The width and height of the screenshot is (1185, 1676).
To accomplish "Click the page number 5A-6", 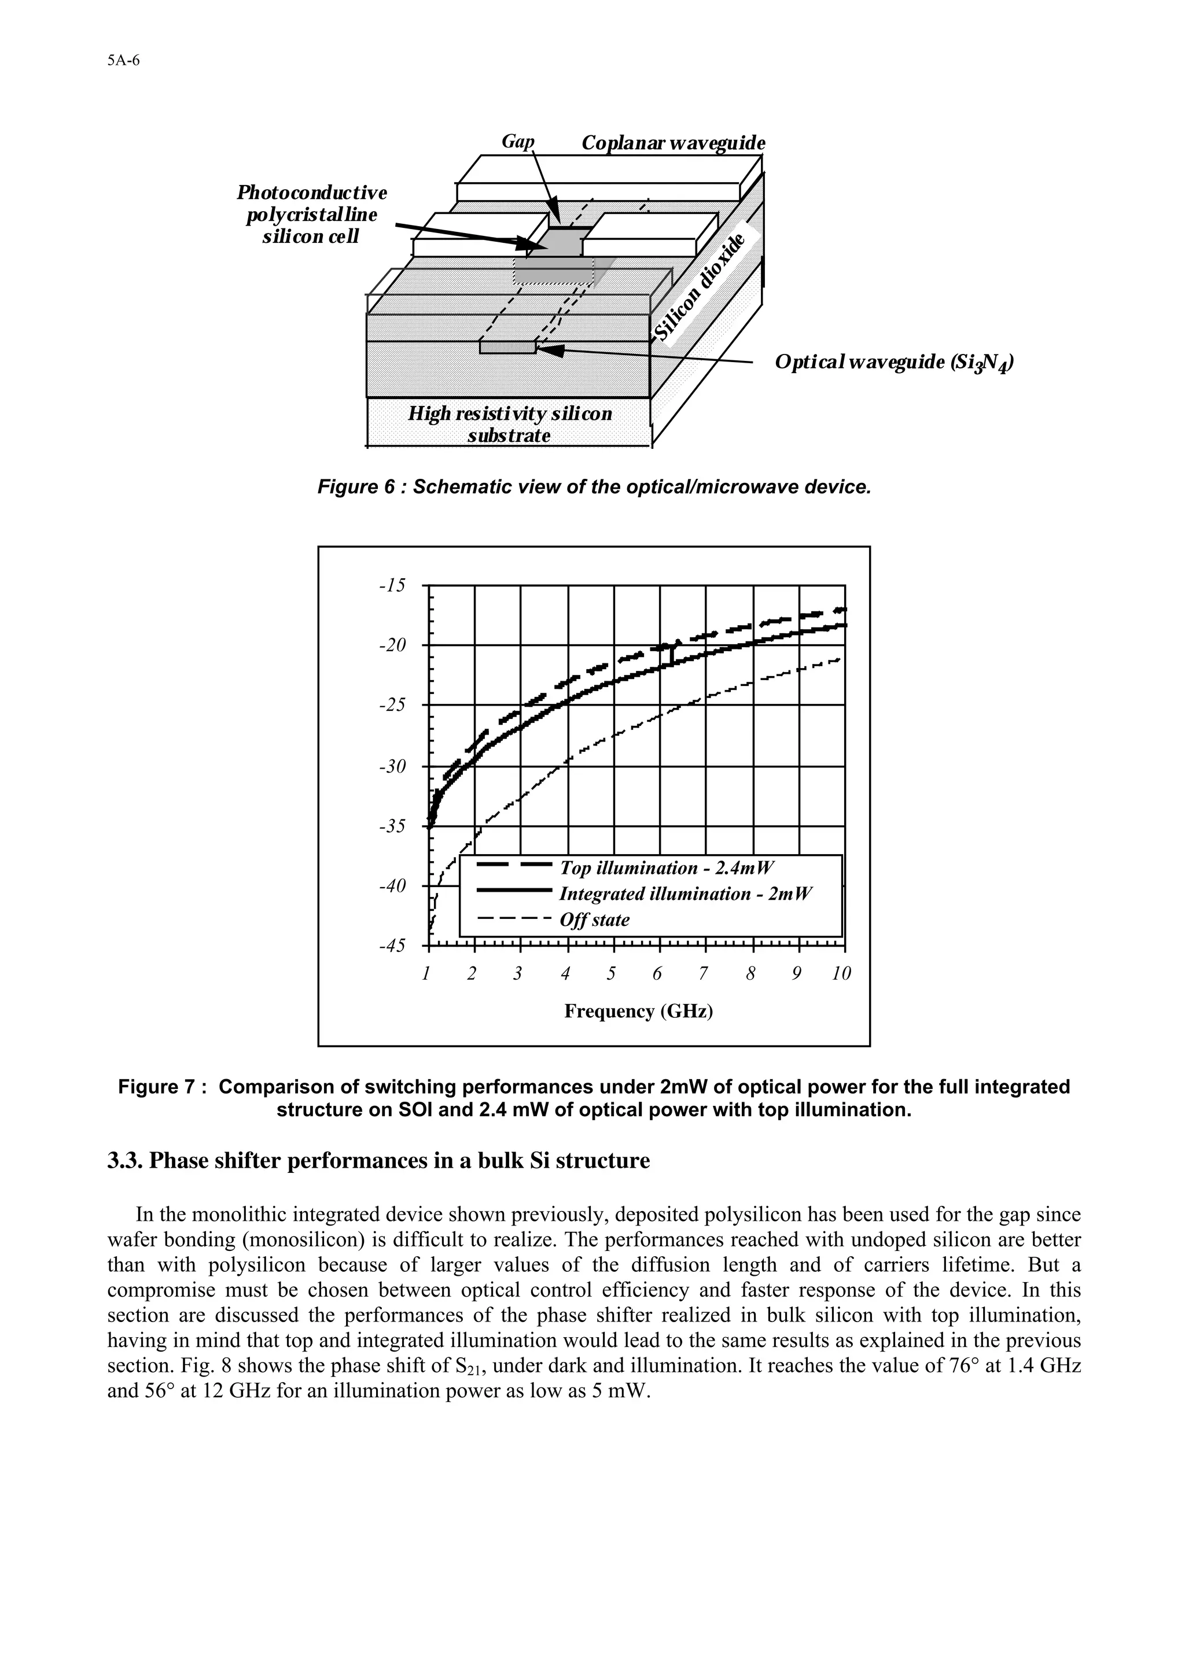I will click(123, 61).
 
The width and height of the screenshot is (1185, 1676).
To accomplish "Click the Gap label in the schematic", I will click(518, 141).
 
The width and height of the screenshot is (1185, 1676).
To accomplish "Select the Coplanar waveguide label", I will click(673, 143).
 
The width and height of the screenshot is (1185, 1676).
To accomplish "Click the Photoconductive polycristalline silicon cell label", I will click(312, 215).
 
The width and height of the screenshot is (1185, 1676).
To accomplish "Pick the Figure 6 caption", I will click(594, 487).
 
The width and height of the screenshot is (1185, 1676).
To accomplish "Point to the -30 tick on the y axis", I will click(393, 766).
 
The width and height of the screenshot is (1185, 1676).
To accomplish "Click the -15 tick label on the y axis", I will click(393, 585).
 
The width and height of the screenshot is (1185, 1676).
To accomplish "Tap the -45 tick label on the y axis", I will click(393, 946).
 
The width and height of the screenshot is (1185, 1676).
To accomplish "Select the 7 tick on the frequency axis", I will click(703, 974).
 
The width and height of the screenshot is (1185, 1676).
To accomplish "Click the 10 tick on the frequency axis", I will click(842, 974).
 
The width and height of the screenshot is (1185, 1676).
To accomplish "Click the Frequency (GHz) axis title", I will click(638, 1011).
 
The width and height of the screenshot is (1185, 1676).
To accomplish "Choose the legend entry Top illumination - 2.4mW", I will click(666, 868).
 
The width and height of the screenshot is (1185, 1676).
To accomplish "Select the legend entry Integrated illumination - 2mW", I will click(685, 894).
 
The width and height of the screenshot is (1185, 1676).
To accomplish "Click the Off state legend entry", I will click(594, 920).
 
